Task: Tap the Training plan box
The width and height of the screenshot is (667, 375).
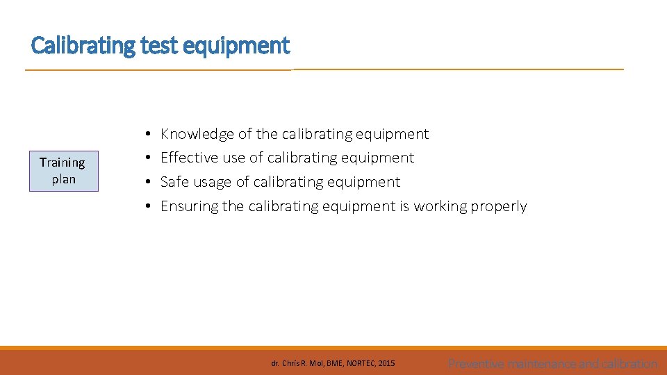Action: [x=63, y=171]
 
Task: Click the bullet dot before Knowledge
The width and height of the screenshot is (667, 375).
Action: [x=149, y=134]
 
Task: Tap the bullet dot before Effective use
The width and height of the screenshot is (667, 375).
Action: [x=149, y=158]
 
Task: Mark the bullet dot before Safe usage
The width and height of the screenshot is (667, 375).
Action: [x=149, y=183]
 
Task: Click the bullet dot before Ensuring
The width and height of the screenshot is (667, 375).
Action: [x=149, y=207]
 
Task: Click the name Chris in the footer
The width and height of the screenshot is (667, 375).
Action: [x=290, y=363]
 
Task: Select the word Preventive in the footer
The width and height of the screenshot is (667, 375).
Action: [x=477, y=363]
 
